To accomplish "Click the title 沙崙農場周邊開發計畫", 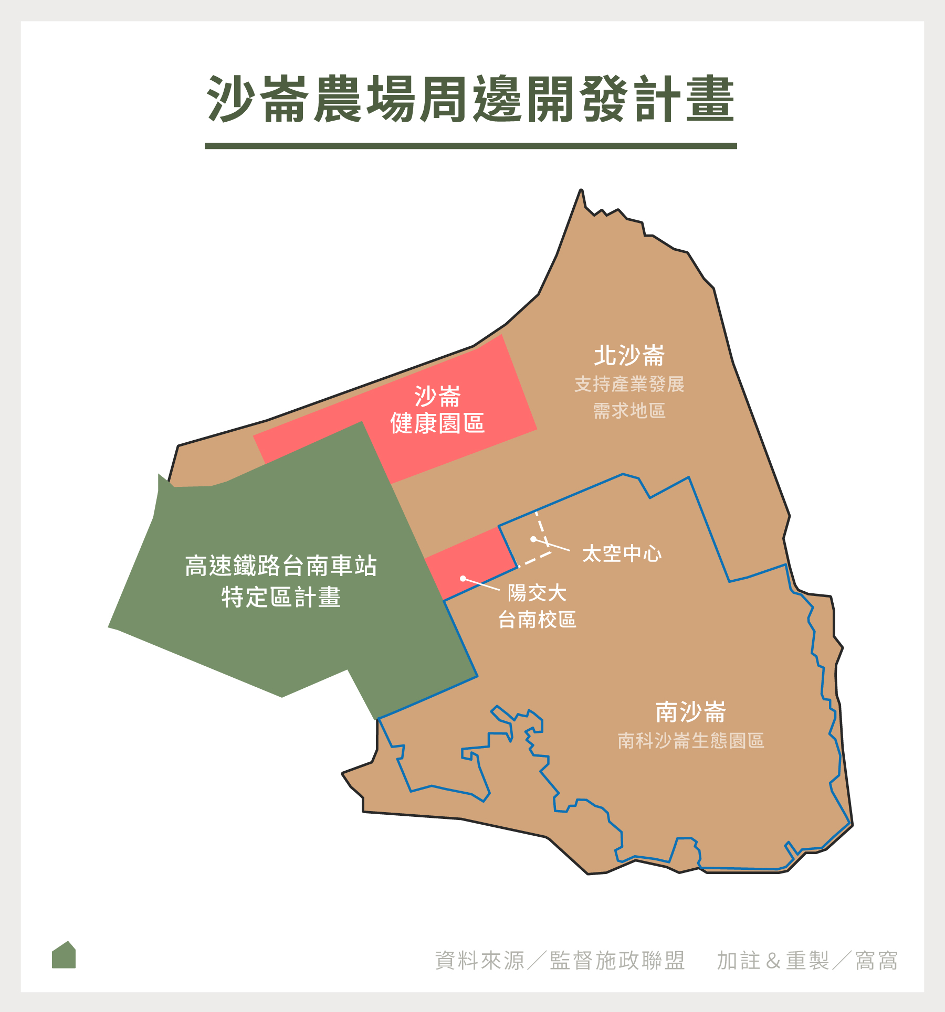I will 471,99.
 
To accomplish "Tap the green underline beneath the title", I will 471,146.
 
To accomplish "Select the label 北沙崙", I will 629,356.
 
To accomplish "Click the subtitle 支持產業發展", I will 629,385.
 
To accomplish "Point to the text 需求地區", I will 629,411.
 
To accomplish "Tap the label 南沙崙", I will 690,712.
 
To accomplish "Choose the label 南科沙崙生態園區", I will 690,740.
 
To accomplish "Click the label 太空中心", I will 622,553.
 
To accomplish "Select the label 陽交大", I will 537,593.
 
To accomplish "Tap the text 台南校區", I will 537,620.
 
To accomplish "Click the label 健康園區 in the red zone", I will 437,423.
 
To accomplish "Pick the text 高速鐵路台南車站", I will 281,566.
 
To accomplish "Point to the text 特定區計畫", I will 281,597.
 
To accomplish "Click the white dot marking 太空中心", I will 533,539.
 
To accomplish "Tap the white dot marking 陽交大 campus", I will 463,579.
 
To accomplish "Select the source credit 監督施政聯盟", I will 617,961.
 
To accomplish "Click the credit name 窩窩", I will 876,961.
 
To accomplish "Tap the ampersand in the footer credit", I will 773,961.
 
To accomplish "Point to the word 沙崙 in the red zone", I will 437,396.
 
